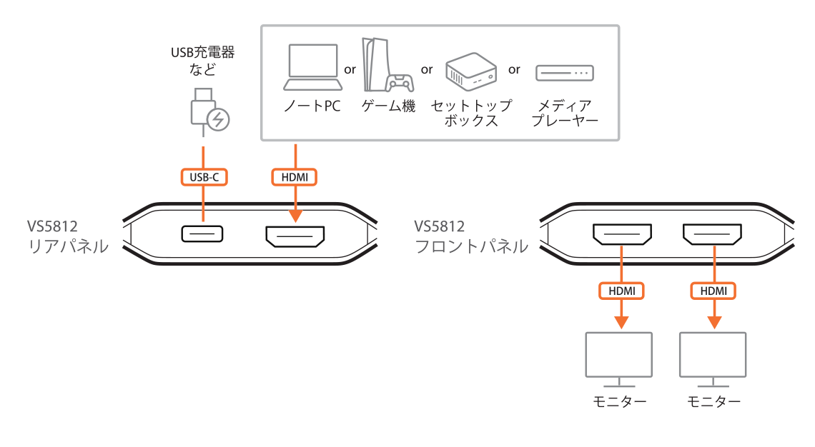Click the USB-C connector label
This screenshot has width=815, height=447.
click(203, 176)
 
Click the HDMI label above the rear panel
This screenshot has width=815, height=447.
click(295, 176)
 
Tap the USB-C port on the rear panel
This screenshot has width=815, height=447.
click(202, 233)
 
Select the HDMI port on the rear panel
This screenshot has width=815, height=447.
click(295, 236)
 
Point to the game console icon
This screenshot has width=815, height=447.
click(387, 64)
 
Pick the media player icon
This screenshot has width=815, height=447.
click(565, 73)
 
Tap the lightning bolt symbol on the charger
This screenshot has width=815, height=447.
click(219, 120)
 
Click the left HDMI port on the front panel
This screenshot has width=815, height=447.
click(621, 234)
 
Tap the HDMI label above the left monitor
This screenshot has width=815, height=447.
click(621, 291)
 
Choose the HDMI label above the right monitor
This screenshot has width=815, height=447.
click(713, 291)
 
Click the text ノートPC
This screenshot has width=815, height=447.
click(312, 106)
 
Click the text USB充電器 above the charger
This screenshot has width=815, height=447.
click(202, 52)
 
